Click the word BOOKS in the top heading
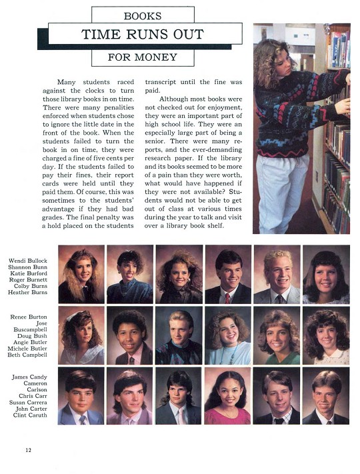pyautogui.click(x=142, y=15)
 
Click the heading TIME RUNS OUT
pyautogui.click(x=142, y=34)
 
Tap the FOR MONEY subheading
pyautogui.click(x=142, y=57)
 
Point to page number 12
pyautogui.click(x=28, y=450)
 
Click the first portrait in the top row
pyautogui.click(x=81, y=274)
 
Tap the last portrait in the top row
pyautogui.click(x=326, y=274)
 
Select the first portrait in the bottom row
pyautogui.click(x=81, y=396)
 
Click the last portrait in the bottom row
pyautogui.click(x=326, y=396)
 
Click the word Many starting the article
pyautogui.click(x=67, y=81)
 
